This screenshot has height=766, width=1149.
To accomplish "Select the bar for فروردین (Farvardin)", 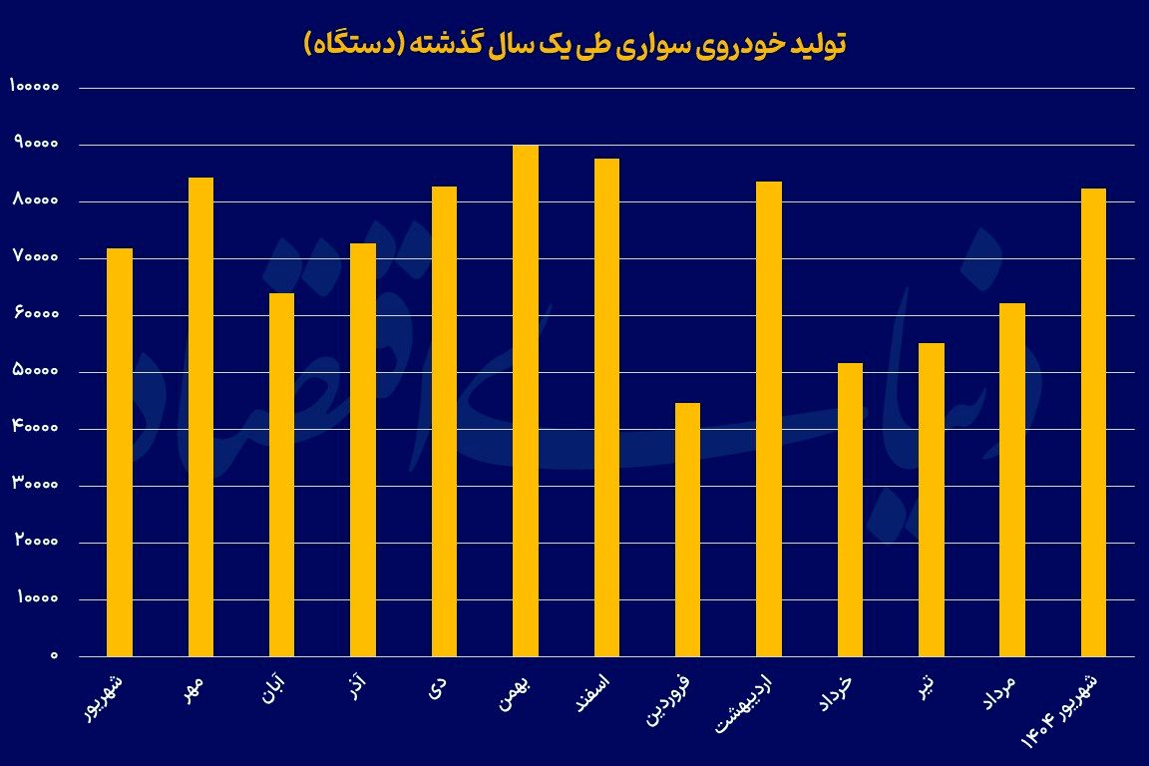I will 688,530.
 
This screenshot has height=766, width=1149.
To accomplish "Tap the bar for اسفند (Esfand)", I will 606,407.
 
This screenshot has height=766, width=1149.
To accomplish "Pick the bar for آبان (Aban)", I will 282,475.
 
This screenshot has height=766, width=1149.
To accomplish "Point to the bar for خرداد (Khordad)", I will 851,510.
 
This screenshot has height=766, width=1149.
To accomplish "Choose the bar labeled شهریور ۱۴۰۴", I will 1093,422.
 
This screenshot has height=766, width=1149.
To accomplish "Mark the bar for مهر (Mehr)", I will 200,417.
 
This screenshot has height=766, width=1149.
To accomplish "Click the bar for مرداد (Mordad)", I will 1012,480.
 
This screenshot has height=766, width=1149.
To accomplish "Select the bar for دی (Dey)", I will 445,421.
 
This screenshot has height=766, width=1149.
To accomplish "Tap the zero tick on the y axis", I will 56,656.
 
